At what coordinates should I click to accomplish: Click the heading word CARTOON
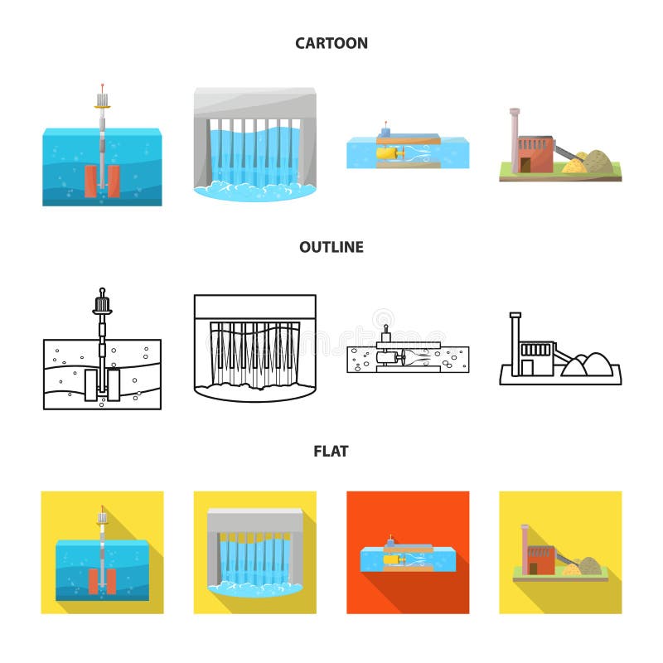tap(331, 43)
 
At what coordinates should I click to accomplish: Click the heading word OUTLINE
tap(331, 247)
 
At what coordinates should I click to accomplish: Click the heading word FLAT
tap(331, 452)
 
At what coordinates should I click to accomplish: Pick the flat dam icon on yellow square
tap(254, 553)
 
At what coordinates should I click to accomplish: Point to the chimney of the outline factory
tap(515, 340)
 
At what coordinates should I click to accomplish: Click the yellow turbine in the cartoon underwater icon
tap(388, 152)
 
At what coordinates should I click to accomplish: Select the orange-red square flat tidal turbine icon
tap(408, 553)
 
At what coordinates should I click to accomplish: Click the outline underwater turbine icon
tap(406, 355)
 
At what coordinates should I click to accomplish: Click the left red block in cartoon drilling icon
tap(90, 180)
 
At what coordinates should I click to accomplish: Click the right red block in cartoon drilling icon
tap(114, 180)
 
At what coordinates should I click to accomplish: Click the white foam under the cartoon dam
tap(254, 191)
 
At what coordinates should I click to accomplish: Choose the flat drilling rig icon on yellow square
tap(102, 553)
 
